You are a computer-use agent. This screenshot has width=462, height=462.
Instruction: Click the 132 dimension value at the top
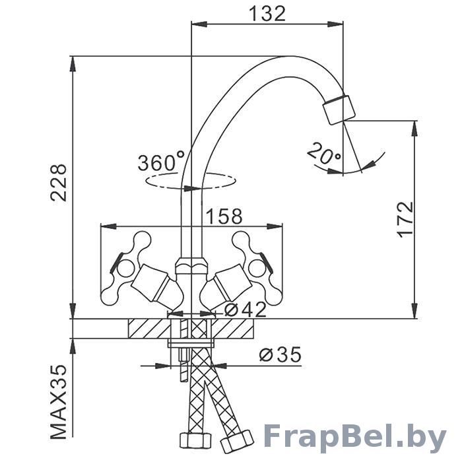[x=267, y=14]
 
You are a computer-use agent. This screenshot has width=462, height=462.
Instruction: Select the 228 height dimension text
[x=59, y=183]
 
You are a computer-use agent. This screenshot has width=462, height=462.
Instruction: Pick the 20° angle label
[x=323, y=153]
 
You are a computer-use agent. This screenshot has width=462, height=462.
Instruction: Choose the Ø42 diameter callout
[x=246, y=310]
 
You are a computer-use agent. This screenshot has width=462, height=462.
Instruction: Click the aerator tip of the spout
[x=339, y=110]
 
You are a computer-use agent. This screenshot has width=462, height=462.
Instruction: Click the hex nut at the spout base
[x=191, y=265]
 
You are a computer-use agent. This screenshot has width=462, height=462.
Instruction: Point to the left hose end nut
[x=195, y=442]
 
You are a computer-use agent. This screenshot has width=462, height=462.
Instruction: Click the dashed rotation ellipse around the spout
[x=191, y=181]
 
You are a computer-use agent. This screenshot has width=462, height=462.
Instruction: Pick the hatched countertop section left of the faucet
[x=149, y=328]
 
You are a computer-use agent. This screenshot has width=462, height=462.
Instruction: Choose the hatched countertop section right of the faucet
[x=232, y=328]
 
